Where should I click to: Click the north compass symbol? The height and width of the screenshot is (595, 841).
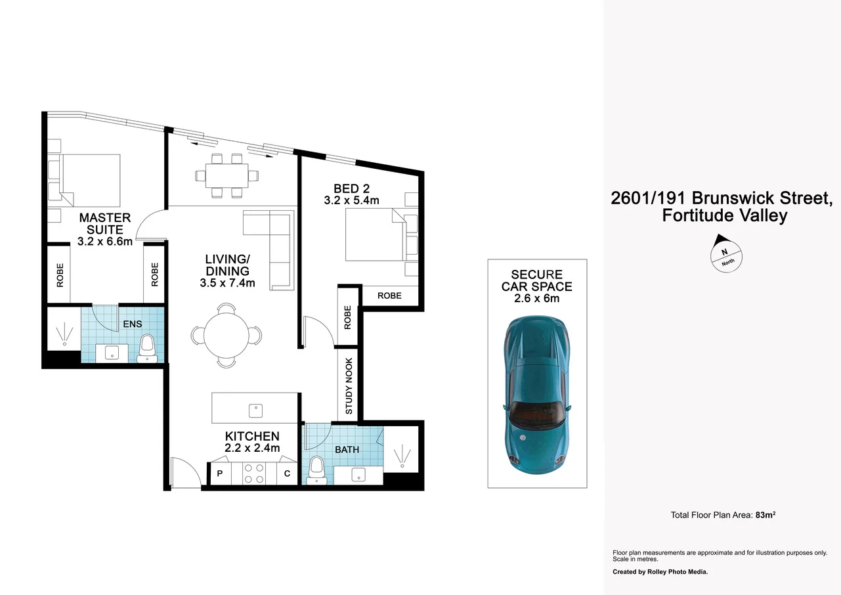point(727,252)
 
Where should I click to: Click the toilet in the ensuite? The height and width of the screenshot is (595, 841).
point(148,348)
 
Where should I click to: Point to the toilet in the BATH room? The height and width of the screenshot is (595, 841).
point(316,470)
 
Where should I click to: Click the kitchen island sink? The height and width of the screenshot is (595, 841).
point(255,410)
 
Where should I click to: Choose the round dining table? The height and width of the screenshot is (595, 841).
point(226,335)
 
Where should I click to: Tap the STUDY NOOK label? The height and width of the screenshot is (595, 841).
point(349,386)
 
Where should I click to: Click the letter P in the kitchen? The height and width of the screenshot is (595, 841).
point(219,474)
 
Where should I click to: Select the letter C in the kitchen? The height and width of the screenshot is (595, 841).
point(288,474)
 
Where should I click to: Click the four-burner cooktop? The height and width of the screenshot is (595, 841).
point(254,474)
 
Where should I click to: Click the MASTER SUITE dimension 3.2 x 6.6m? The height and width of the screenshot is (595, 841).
point(105,241)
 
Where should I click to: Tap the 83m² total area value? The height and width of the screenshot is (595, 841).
point(766,515)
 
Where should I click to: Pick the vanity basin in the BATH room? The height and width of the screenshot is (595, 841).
point(358,475)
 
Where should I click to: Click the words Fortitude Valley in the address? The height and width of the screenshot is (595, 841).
point(724,215)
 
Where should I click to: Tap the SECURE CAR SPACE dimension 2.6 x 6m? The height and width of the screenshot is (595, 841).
point(536,298)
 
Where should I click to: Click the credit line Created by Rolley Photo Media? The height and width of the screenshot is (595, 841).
point(660,572)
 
